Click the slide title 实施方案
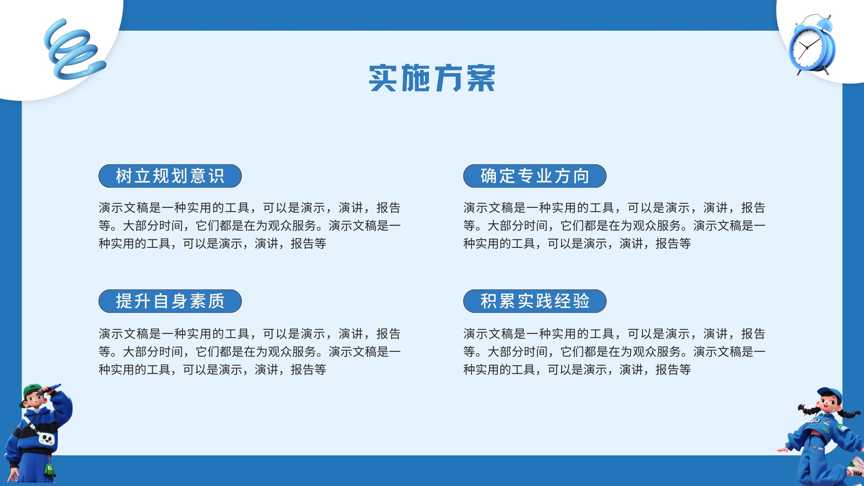click(432, 78)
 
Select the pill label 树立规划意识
click(170, 176)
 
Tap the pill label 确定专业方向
click(535, 176)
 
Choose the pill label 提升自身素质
click(170, 301)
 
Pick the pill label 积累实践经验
click(535, 301)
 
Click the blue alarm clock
click(812, 45)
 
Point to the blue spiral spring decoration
click(73, 49)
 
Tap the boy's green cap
click(31, 391)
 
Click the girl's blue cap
click(829, 395)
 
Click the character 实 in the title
click(383, 78)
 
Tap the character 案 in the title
click(481, 78)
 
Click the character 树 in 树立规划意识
click(124, 176)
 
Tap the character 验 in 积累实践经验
click(581, 301)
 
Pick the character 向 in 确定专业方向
click(581, 176)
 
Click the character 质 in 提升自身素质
click(217, 301)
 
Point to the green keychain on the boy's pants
click(50, 470)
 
